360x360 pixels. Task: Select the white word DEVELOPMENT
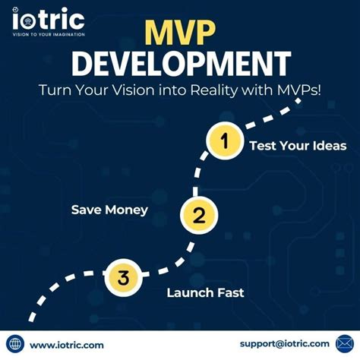(180, 64)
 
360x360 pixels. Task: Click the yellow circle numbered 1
(223, 142)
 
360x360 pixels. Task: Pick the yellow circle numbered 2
(198, 215)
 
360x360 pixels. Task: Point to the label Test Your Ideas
(298, 146)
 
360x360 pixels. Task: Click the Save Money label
(109, 209)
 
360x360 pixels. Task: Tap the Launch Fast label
(206, 292)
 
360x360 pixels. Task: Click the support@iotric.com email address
(285, 344)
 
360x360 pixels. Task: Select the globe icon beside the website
(14, 345)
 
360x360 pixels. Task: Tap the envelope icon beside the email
(346, 344)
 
